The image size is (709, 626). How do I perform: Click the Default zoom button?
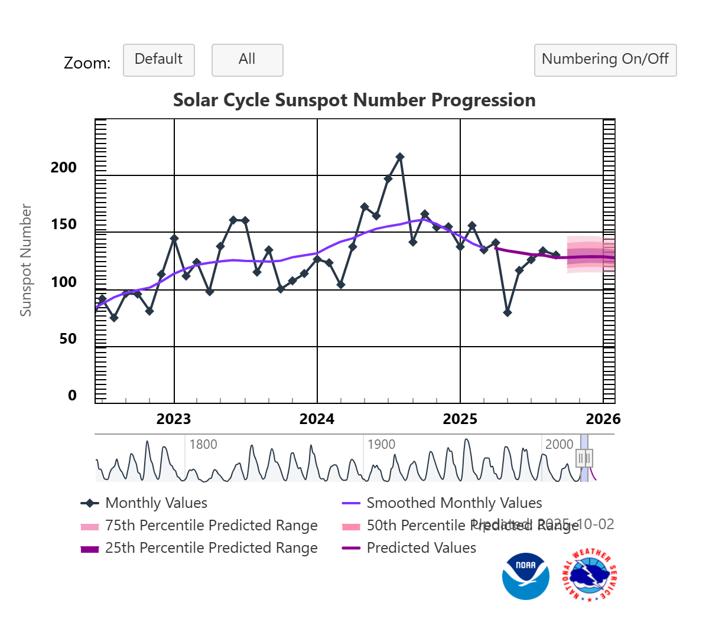click(158, 60)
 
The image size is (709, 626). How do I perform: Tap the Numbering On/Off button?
click(605, 60)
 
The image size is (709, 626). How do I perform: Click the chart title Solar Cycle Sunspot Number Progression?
click(354, 100)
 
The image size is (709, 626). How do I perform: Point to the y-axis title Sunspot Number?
click(25, 260)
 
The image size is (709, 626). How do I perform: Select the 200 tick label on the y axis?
click(64, 167)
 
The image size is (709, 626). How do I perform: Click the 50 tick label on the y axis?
click(68, 338)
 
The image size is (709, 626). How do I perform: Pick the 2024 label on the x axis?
click(317, 419)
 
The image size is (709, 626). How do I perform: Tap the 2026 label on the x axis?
click(603, 419)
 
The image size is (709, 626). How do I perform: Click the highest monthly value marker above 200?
click(400, 156)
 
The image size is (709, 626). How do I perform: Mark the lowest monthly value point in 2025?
click(507, 312)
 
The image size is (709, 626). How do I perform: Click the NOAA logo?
click(525, 576)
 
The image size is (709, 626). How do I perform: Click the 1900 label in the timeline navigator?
click(381, 444)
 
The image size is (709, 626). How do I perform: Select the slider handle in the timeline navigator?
click(585, 458)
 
